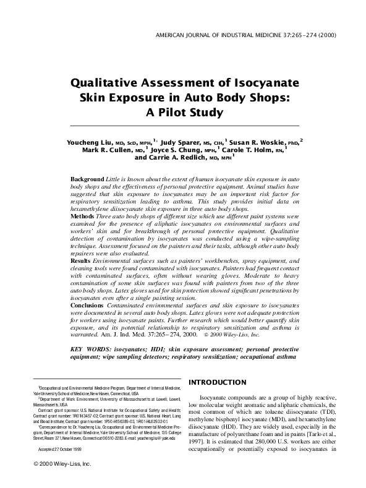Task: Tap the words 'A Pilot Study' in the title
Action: (x=183, y=112)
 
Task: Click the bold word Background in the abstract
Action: (x=87, y=178)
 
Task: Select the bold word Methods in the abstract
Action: (x=83, y=218)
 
